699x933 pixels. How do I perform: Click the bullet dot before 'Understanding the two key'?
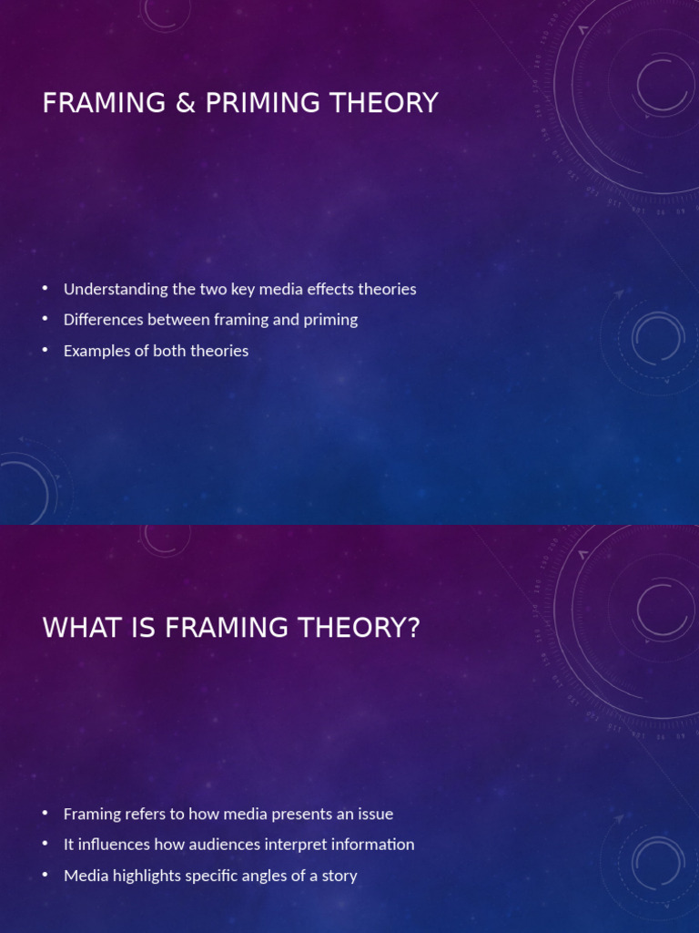pyautogui.click(x=46, y=289)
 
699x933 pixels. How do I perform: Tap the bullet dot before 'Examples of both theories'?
pyautogui.click(x=46, y=351)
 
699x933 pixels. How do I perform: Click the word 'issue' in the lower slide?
pyautogui.click(x=375, y=814)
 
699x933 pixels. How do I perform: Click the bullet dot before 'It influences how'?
pyautogui.click(x=46, y=845)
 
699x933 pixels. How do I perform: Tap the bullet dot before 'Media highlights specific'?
pyautogui.click(x=46, y=876)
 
